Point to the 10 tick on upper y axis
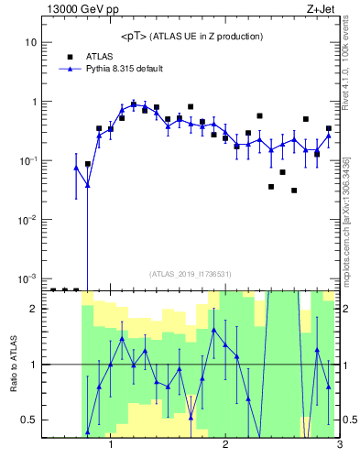31,43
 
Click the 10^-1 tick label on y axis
27,161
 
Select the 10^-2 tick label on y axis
27,220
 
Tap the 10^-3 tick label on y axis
27,278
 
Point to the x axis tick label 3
339,446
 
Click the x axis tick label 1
111,446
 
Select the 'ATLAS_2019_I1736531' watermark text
191,273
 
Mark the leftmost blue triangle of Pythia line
76,168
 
